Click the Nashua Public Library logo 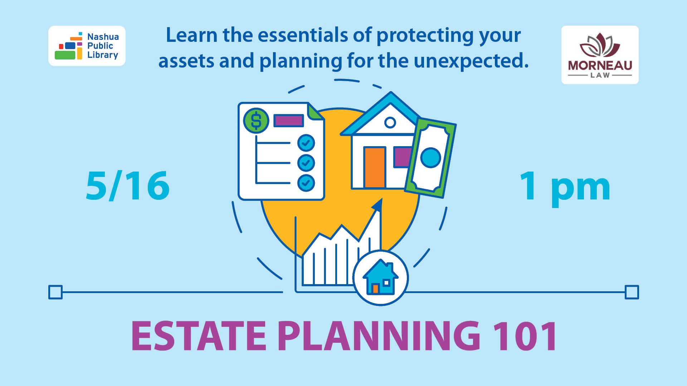(x=87, y=46)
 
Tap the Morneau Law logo (x=600, y=55)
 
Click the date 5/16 (x=128, y=186)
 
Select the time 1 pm (x=565, y=187)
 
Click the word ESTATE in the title (x=199, y=336)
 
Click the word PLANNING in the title (x=379, y=336)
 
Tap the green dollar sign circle (x=256, y=120)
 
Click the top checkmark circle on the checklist (x=306, y=143)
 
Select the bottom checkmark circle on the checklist (x=306, y=183)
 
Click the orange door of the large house (x=375, y=167)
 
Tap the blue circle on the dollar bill (x=430, y=158)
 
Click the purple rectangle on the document (x=288, y=120)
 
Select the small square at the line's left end (x=55, y=292)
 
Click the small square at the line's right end (x=632, y=292)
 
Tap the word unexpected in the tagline (x=471, y=61)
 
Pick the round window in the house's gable (x=390, y=123)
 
